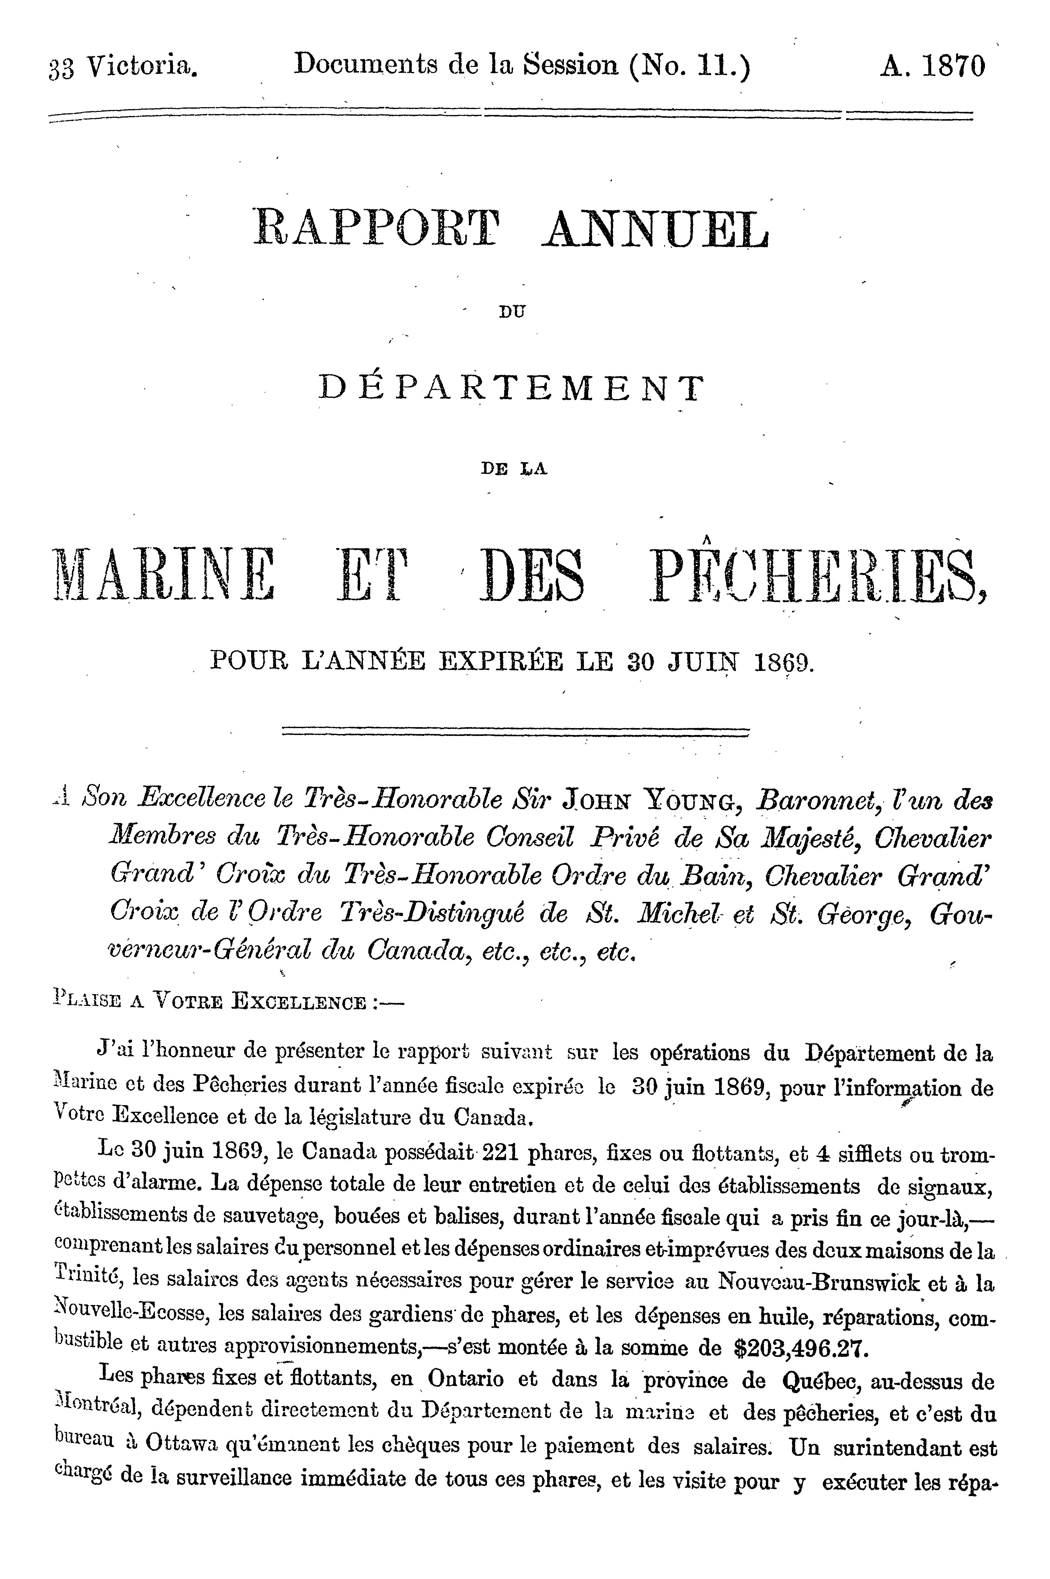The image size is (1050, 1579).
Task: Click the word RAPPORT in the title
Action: (x=377, y=229)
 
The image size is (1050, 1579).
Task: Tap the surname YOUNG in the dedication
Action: (x=692, y=800)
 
